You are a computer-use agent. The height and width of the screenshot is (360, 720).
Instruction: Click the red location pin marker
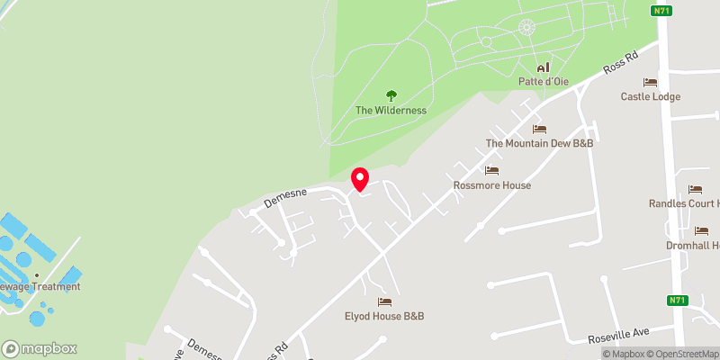(359, 179)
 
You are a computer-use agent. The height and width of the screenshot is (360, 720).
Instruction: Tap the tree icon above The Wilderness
(391, 95)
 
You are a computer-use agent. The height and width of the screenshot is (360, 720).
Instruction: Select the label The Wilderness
(391, 111)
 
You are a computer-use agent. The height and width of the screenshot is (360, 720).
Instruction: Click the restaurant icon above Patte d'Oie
(543, 67)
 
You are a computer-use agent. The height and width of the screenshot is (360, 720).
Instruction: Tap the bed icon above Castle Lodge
(650, 82)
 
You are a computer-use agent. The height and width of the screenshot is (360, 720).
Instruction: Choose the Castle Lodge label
(650, 96)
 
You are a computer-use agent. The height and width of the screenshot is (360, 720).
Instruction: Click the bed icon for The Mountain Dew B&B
(539, 129)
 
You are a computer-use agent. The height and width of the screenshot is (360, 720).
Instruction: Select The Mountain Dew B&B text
(539, 143)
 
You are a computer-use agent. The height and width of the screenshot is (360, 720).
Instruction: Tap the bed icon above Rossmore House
(491, 171)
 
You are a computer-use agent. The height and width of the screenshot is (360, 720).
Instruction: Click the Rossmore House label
(491, 185)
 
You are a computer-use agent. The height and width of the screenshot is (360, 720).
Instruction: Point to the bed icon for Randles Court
(695, 189)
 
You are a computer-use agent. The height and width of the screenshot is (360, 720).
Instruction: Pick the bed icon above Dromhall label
(701, 230)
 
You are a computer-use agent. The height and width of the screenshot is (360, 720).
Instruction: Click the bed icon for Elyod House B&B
(384, 301)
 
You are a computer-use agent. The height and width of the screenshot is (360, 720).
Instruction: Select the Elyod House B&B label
(384, 316)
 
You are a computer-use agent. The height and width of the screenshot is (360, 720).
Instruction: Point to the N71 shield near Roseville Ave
(678, 301)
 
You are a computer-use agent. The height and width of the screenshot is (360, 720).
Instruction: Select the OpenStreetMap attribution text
(680, 354)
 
